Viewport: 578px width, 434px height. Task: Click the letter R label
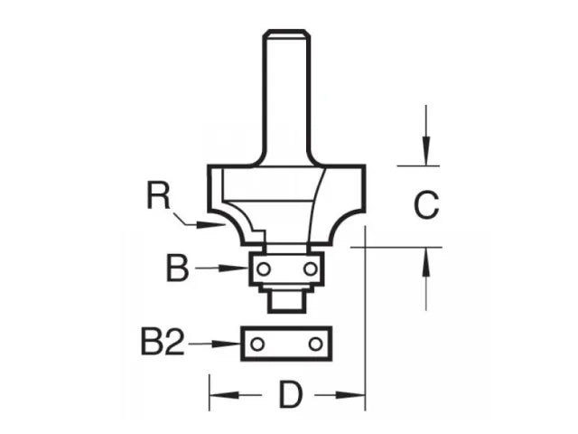[x=161, y=195]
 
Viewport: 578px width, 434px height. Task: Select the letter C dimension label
[x=425, y=206]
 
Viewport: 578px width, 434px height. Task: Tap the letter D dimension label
[x=287, y=395]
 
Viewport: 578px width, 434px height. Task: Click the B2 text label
[x=163, y=344]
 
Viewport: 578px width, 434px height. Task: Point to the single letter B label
[x=177, y=269]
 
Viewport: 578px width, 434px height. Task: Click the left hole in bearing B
[x=262, y=269]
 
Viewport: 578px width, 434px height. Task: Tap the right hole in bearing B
[x=310, y=269]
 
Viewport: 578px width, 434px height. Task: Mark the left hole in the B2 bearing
[x=258, y=344]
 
